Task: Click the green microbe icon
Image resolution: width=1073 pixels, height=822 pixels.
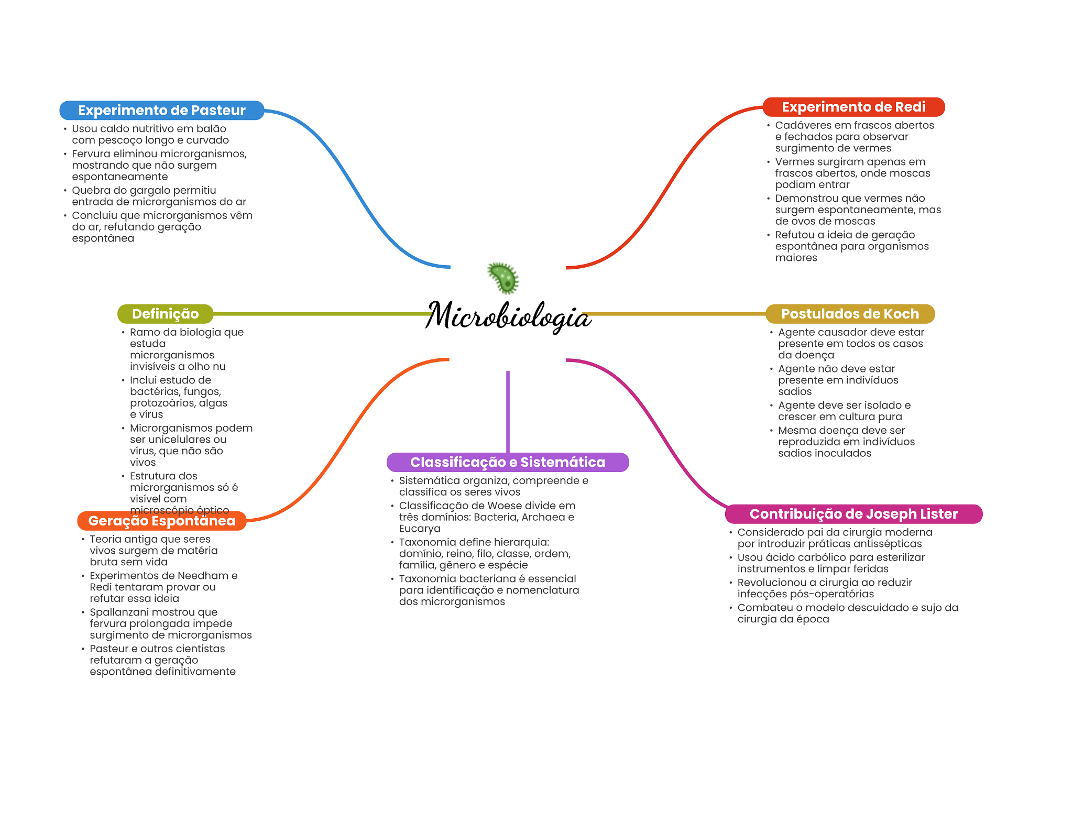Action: pyautogui.click(x=503, y=278)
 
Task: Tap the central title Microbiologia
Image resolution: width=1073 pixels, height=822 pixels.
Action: pyautogui.click(x=508, y=316)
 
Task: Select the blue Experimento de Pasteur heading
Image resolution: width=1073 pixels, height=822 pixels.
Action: pyautogui.click(x=161, y=111)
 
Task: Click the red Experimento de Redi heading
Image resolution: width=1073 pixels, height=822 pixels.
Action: pyautogui.click(x=853, y=107)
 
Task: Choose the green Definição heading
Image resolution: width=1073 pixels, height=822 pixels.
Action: pyautogui.click(x=165, y=314)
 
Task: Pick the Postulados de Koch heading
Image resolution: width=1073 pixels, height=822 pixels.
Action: pyautogui.click(x=850, y=314)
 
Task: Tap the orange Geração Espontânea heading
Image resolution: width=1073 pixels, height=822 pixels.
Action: pyautogui.click(x=161, y=521)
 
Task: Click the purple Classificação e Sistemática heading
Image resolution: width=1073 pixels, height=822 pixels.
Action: pyautogui.click(x=507, y=462)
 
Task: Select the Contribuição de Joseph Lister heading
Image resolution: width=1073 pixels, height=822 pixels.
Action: pyautogui.click(x=853, y=514)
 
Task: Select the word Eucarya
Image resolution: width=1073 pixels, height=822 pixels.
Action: pyautogui.click(x=420, y=529)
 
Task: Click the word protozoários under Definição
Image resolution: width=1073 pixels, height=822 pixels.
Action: pyautogui.click(x=163, y=403)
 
